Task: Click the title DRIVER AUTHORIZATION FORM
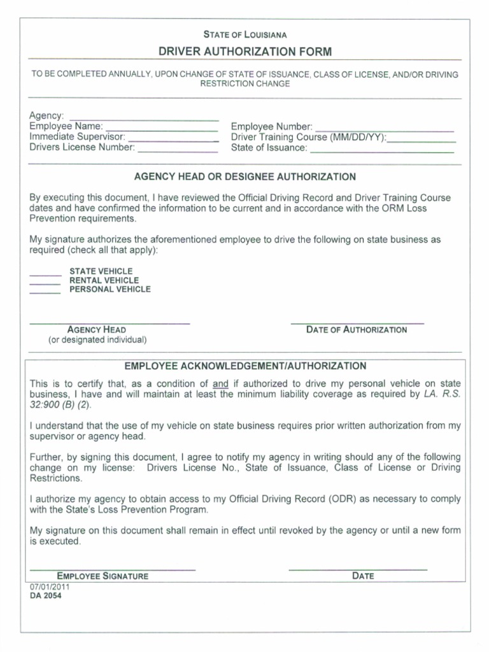(x=245, y=52)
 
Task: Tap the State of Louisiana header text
(x=245, y=35)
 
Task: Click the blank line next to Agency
(x=143, y=119)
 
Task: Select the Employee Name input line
(x=162, y=129)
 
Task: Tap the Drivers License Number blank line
(x=178, y=150)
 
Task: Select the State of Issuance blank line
(x=382, y=150)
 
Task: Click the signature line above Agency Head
(x=110, y=322)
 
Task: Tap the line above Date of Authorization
(x=357, y=322)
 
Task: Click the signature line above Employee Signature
(x=113, y=568)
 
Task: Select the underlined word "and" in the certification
(x=220, y=384)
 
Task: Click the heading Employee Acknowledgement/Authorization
(x=245, y=366)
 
